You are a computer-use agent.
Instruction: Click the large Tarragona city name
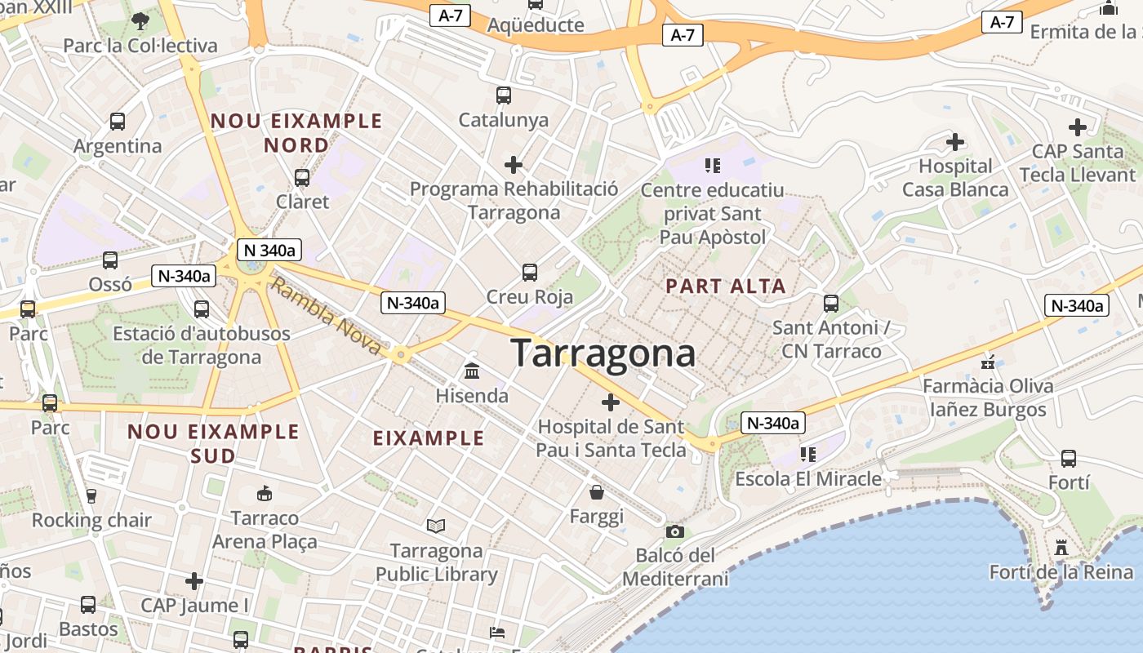pyautogui.click(x=603, y=353)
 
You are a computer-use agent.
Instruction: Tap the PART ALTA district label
pyautogui.click(x=725, y=287)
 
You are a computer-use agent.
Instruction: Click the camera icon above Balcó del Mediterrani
pyautogui.click(x=674, y=532)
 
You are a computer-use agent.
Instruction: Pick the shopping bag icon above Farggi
pyautogui.click(x=597, y=492)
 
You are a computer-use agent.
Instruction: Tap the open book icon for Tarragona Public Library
pyautogui.click(x=436, y=526)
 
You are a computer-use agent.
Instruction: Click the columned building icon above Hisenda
pyautogui.click(x=472, y=371)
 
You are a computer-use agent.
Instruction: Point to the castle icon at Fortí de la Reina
pyautogui.click(x=1061, y=548)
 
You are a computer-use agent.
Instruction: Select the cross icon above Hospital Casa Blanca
pyautogui.click(x=955, y=142)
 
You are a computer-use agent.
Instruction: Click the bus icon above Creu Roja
pyautogui.click(x=530, y=272)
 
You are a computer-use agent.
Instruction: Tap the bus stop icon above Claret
pyautogui.click(x=302, y=177)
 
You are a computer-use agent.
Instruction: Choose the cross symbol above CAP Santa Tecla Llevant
pyautogui.click(x=1078, y=127)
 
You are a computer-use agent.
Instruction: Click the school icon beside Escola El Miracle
pyautogui.click(x=808, y=454)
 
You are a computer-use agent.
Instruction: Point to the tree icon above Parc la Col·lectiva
pyautogui.click(x=140, y=20)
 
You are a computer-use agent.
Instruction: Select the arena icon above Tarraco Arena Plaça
pyautogui.click(x=265, y=493)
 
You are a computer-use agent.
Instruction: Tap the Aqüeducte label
pyautogui.click(x=536, y=25)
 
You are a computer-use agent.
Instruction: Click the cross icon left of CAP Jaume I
pyautogui.click(x=194, y=581)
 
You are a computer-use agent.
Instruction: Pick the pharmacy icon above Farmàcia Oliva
pyautogui.click(x=988, y=362)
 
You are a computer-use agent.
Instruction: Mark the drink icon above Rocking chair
pyautogui.click(x=91, y=495)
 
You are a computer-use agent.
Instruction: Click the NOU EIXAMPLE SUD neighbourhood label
pyautogui.click(x=214, y=443)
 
